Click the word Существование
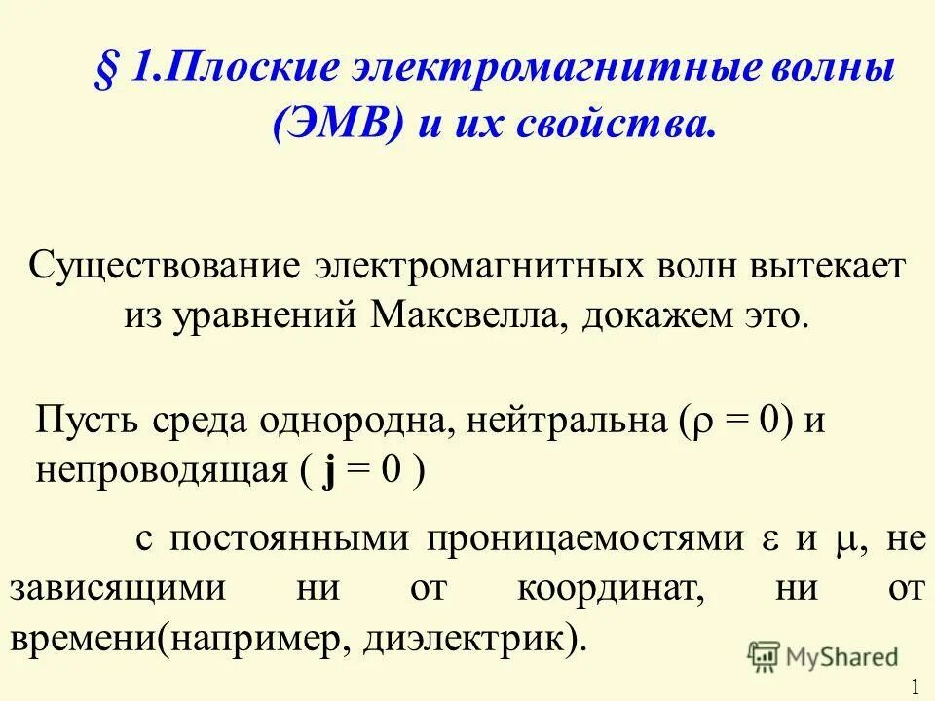163,266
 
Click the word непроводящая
160,472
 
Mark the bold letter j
333,472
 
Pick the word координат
595,590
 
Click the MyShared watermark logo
823,655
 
